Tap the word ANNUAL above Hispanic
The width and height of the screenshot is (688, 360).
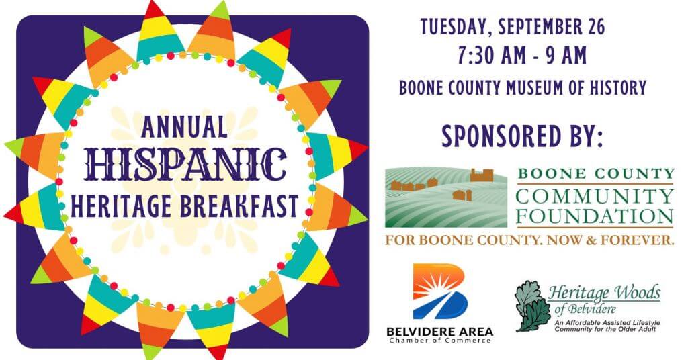[x=185, y=127]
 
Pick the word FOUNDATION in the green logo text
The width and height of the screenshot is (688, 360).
[x=594, y=217]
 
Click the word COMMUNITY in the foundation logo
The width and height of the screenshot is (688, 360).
[x=594, y=196]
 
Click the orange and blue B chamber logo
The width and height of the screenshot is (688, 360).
[x=440, y=291]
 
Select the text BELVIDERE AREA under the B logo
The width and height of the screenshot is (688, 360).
[x=440, y=332]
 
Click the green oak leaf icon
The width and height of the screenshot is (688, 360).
[x=532, y=306]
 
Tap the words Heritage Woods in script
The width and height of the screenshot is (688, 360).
[x=604, y=292]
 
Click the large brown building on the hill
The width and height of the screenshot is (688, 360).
[x=482, y=175]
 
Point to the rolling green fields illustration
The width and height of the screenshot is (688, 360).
[x=446, y=197]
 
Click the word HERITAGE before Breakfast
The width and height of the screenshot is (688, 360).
[x=122, y=206]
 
